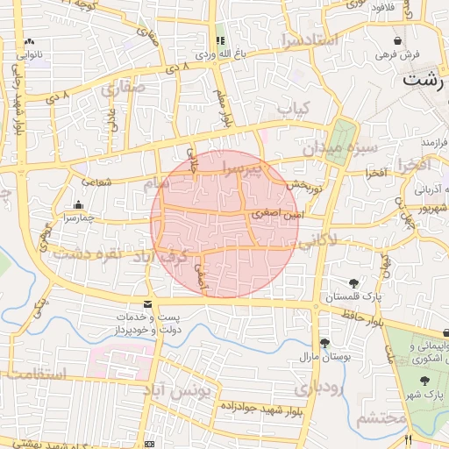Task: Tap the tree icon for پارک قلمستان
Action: (354, 283)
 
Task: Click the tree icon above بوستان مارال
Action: (325, 343)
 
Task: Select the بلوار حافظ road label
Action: (360, 313)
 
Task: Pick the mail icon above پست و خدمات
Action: (147, 303)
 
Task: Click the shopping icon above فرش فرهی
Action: (398, 40)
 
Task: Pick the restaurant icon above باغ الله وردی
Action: (219, 40)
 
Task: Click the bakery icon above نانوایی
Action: (30, 40)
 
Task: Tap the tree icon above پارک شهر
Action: (425, 380)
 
